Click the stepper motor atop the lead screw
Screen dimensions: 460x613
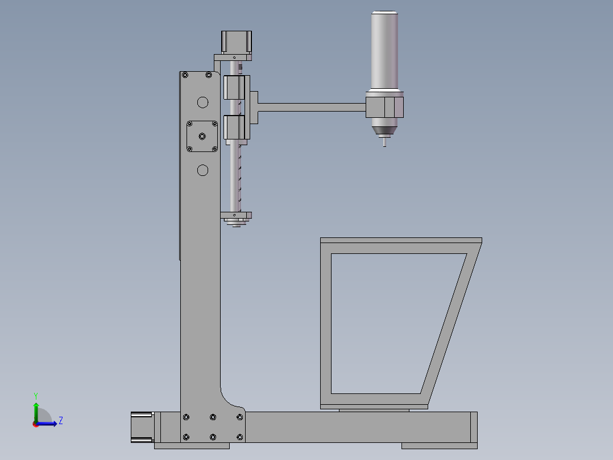(236, 42)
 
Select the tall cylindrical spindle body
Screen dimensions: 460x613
(384, 51)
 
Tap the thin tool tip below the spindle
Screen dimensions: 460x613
(385, 142)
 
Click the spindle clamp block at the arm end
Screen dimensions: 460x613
(384, 107)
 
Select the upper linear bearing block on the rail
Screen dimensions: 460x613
(235, 88)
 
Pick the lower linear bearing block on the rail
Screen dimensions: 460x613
(235, 127)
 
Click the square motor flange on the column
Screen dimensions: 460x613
(202, 136)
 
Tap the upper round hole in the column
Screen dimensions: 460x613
(202, 102)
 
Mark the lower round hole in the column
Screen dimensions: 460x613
(202, 170)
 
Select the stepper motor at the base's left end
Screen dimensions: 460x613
(142, 427)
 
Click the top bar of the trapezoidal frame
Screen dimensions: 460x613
(400, 240)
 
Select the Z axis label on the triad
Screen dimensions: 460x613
(60, 421)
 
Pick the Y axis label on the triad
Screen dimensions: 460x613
(35, 396)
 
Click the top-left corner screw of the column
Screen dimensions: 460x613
(185, 75)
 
